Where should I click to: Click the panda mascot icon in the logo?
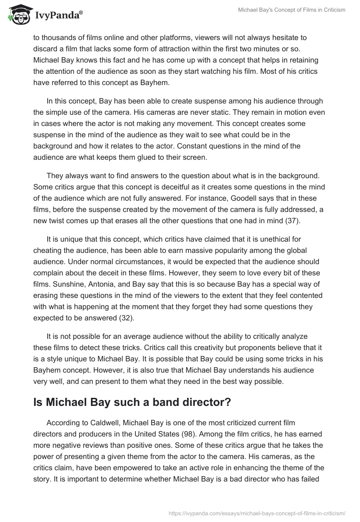point(17,15)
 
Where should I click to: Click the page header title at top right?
point(292,10)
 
